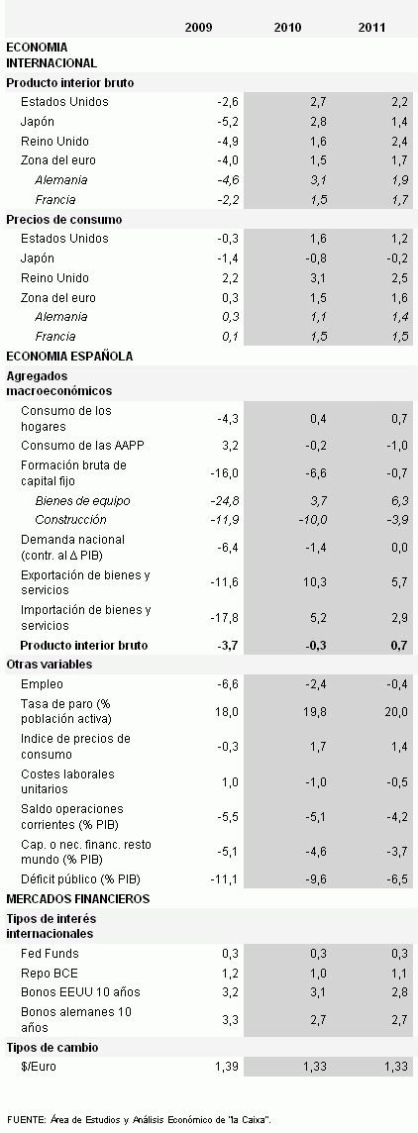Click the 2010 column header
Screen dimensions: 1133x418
coord(287,28)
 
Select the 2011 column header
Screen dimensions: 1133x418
coord(372,28)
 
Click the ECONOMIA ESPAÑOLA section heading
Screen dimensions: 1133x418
coord(69,356)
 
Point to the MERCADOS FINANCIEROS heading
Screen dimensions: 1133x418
coord(77,898)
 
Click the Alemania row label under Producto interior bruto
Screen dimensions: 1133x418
coord(60,180)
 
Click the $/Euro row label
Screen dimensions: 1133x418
coord(37,1066)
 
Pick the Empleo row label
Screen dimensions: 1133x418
coord(42,683)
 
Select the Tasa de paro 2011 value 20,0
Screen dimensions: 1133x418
coord(395,710)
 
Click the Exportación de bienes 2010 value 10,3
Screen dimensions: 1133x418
coord(313,582)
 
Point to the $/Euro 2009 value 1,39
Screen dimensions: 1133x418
coord(227,1066)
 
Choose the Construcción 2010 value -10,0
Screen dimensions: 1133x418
coord(309,520)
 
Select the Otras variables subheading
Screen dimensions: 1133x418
coord(50,664)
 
